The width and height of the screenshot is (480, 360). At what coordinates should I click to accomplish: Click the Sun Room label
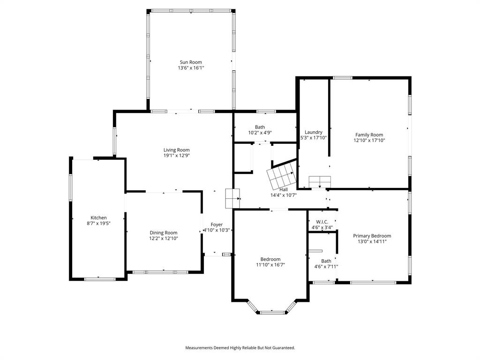(191, 62)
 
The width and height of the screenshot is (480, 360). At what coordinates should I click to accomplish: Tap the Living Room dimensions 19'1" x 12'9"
(177, 155)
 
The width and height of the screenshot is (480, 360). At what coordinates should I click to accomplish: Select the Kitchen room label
(98, 217)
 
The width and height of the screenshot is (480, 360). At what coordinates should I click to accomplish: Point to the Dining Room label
(164, 232)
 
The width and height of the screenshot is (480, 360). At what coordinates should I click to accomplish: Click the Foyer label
(217, 225)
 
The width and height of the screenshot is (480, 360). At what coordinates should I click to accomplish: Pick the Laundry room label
(314, 132)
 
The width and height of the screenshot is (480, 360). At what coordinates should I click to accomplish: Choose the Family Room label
(369, 135)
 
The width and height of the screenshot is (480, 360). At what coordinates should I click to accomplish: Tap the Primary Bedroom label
(372, 236)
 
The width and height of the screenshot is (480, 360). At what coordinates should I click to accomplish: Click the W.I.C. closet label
(322, 222)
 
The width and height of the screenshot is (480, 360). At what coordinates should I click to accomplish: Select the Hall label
(284, 189)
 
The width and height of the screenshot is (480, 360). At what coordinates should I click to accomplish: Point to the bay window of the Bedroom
(272, 311)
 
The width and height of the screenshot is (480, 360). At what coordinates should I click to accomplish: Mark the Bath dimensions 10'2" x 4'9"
(260, 133)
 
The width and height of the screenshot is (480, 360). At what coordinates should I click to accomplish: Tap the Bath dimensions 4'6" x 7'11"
(326, 267)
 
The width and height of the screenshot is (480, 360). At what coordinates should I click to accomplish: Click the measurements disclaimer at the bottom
(240, 348)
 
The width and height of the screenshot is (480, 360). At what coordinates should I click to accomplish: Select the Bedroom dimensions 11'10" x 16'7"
(270, 265)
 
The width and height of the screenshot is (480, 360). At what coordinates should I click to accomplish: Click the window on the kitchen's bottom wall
(99, 279)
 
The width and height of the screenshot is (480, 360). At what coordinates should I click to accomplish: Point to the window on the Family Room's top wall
(343, 78)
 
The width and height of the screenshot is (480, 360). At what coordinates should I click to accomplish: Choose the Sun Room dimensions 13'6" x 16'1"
(191, 67)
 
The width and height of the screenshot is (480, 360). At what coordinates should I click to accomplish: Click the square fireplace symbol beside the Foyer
(232, 198)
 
